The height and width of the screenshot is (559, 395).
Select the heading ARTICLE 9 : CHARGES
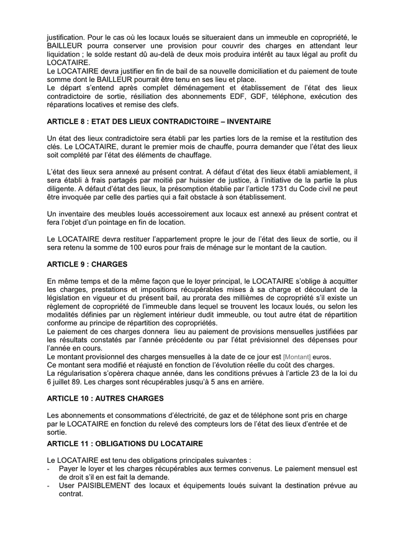[82, 263]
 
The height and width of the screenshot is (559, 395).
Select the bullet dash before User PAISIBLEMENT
[49, 485]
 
